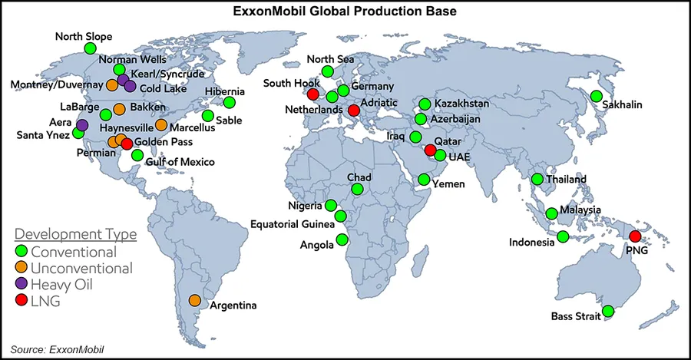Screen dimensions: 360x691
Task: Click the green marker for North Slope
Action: click(90, 48)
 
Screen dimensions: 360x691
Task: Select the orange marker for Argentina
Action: click(195, 300)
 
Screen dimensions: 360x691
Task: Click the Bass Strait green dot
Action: click(608, 312)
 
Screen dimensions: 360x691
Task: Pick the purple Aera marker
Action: click(82, 124)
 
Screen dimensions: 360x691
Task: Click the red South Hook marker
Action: click(312, 94)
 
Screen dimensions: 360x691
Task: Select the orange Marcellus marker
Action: click(161, 124)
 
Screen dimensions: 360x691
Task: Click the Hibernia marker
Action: click(229, 103)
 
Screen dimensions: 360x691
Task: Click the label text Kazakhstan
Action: click(461, 104)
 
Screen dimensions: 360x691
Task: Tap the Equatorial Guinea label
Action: click(292, 224)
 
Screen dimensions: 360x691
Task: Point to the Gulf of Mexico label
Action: click(180, 162)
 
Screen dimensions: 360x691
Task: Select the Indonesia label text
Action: click(531, 243)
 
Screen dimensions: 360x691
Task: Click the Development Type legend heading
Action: click(76, 233)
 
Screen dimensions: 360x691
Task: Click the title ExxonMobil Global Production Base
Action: click(345, 12)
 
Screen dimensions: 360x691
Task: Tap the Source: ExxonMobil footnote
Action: click(57, 350)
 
